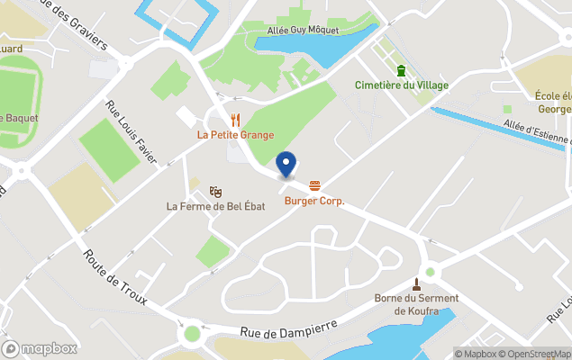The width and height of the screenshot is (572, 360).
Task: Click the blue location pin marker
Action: click(x=286, y=165)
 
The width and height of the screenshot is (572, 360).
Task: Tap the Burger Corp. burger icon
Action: click(x=314, y=185)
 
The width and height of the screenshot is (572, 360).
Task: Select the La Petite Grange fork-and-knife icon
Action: click(x=235, y=119)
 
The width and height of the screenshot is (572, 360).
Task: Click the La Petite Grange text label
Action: click(x=235, y=135)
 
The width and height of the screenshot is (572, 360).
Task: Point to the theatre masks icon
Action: click(x=215, y=191)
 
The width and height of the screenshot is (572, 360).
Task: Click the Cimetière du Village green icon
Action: click(x=401, y=70)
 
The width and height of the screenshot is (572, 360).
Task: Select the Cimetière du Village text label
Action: click(x=401, y=85)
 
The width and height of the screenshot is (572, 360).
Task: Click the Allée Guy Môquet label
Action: click(x=303, y=30)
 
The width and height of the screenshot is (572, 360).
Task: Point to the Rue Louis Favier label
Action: click(x=132, y=133)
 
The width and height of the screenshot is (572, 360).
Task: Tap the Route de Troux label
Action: click(x=115, y=276)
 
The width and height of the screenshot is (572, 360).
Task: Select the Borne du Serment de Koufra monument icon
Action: click(x=416, y=284)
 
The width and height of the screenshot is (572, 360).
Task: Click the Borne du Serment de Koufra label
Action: click(x=416, y=304)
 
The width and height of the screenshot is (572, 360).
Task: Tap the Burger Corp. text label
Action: click(x=314, y=201)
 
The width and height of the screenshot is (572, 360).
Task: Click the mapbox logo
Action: click(x=40, y=348)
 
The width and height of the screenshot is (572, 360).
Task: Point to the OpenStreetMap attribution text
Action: click(x=535, y=354)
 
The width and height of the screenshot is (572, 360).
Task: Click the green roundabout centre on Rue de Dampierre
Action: click(x=191, y=334)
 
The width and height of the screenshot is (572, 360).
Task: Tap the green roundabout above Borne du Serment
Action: click(x=431, y=270)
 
